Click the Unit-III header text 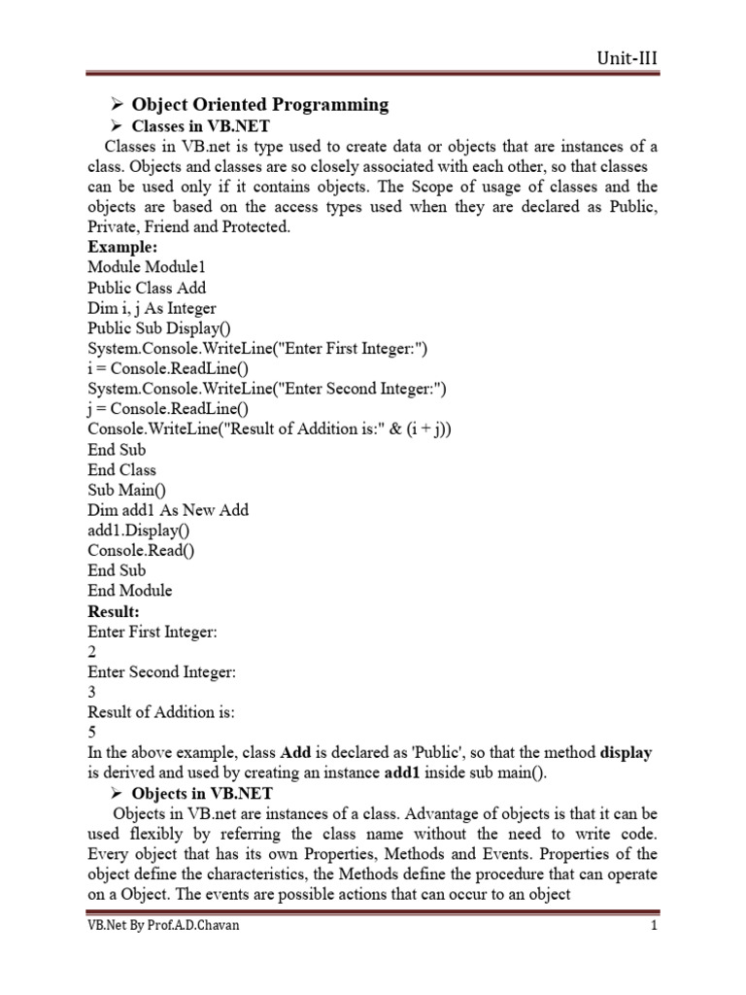tap(627, 57)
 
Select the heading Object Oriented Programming tap(260, 104)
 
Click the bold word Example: tap(122, 247)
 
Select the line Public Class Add tap(147, 288)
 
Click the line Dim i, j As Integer tap(152, 308)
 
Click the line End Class tap(121, 470)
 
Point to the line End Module tap(129, 591)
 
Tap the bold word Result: tap(114, 611)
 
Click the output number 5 tap(92, 733)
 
